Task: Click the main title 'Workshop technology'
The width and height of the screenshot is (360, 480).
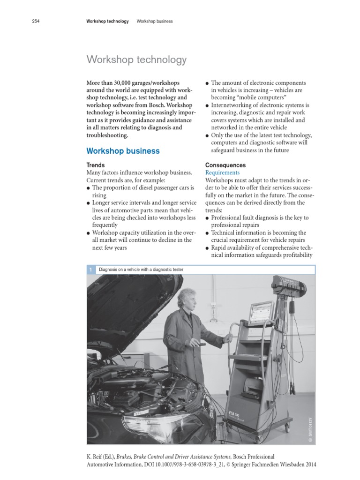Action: pyautogui.click(x=136, y=60)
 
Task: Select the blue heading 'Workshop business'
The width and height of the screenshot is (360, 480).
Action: pyautogui.click(x=123, y=151)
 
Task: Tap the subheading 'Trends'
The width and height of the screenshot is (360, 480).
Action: pyautogui.click(x=96, y=165)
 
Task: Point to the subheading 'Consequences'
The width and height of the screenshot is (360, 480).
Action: pyautogui.click(x=225, y=165)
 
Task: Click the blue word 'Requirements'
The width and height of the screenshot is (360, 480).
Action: pyautogui.click(x=222, y=172)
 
